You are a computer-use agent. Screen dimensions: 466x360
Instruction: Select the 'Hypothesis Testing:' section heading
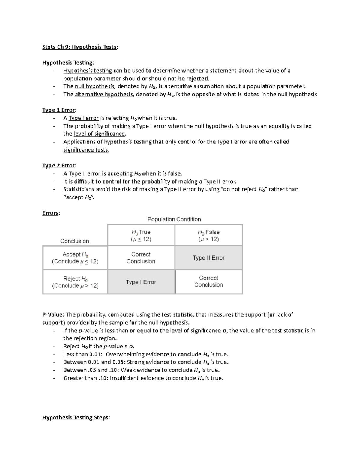pyautogui.click(x=68, y=62)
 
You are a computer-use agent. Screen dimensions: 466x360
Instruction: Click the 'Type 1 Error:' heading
pyautogui.click(x=59, y=110)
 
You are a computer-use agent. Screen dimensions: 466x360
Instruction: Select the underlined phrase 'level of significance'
pyautogui.click(x=99, y=134)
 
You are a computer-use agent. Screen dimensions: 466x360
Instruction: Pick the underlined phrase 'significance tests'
pyautogui.click(x=86, y=150)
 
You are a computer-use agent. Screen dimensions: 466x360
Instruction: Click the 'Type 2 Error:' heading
pyautogui.click(x=59, y=166)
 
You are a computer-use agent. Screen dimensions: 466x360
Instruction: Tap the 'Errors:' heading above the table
pyautogui.click(x=51, y=213)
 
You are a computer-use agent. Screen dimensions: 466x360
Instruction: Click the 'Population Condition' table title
pyautogui.click(x=174, y=219)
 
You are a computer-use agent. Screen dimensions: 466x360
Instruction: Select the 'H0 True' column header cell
pyautogui.click(x=141, y=236)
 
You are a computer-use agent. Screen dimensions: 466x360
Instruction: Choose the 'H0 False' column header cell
pyautogui.click(x=208, y=236)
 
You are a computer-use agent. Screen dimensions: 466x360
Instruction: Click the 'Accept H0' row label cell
pyautogui.click(x=75, y=258)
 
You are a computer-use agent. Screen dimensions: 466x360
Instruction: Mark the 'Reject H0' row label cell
pyautogui.click(x=75, y=282)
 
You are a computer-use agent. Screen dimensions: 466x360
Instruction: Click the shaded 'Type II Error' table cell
pyautogui.click(x=208, y=258)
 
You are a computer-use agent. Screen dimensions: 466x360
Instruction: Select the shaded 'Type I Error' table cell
pyautogui.click(x=141, y=282)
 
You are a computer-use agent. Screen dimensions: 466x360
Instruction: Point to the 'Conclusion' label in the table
pyautogui.click(x=75, y=241)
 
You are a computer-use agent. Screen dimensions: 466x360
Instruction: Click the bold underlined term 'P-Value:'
pyautogui.click(x=53, y=315)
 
